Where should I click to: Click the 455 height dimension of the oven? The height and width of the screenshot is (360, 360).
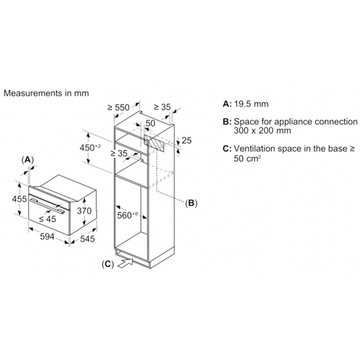click(x=19, y=199)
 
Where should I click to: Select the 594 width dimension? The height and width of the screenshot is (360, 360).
click(x=47, y=236)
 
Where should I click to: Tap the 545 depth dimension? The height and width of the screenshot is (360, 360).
click(x=87, y=239)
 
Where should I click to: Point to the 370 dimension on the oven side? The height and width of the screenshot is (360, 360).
click(x=84, y=211)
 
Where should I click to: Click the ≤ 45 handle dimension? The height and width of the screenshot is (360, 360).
click(x=48, y=219)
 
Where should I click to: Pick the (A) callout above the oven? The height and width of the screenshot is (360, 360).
click(x=28, y=160)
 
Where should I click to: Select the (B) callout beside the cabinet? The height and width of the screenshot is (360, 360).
click(x=191, y=203)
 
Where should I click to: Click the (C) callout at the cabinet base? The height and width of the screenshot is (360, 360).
click(x=108, y=264)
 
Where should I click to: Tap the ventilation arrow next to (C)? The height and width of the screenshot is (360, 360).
click(x=125, y=263)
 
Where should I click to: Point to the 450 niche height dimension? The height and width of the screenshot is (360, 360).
click(x=90, y=148)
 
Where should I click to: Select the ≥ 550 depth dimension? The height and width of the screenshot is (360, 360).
click(x=119, y=107)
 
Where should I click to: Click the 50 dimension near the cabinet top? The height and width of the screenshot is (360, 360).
click(x=150, y=123)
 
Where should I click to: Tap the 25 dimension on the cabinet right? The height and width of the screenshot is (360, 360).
click(x=186, y=140)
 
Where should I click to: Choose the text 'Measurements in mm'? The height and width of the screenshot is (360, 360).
click(x=46, y=93)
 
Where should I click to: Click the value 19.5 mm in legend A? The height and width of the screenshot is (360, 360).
click(x=251, y=104)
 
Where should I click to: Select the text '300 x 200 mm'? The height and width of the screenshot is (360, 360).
click(x=262, y=131)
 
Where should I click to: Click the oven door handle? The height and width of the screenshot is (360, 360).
click(x=48, y=206)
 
